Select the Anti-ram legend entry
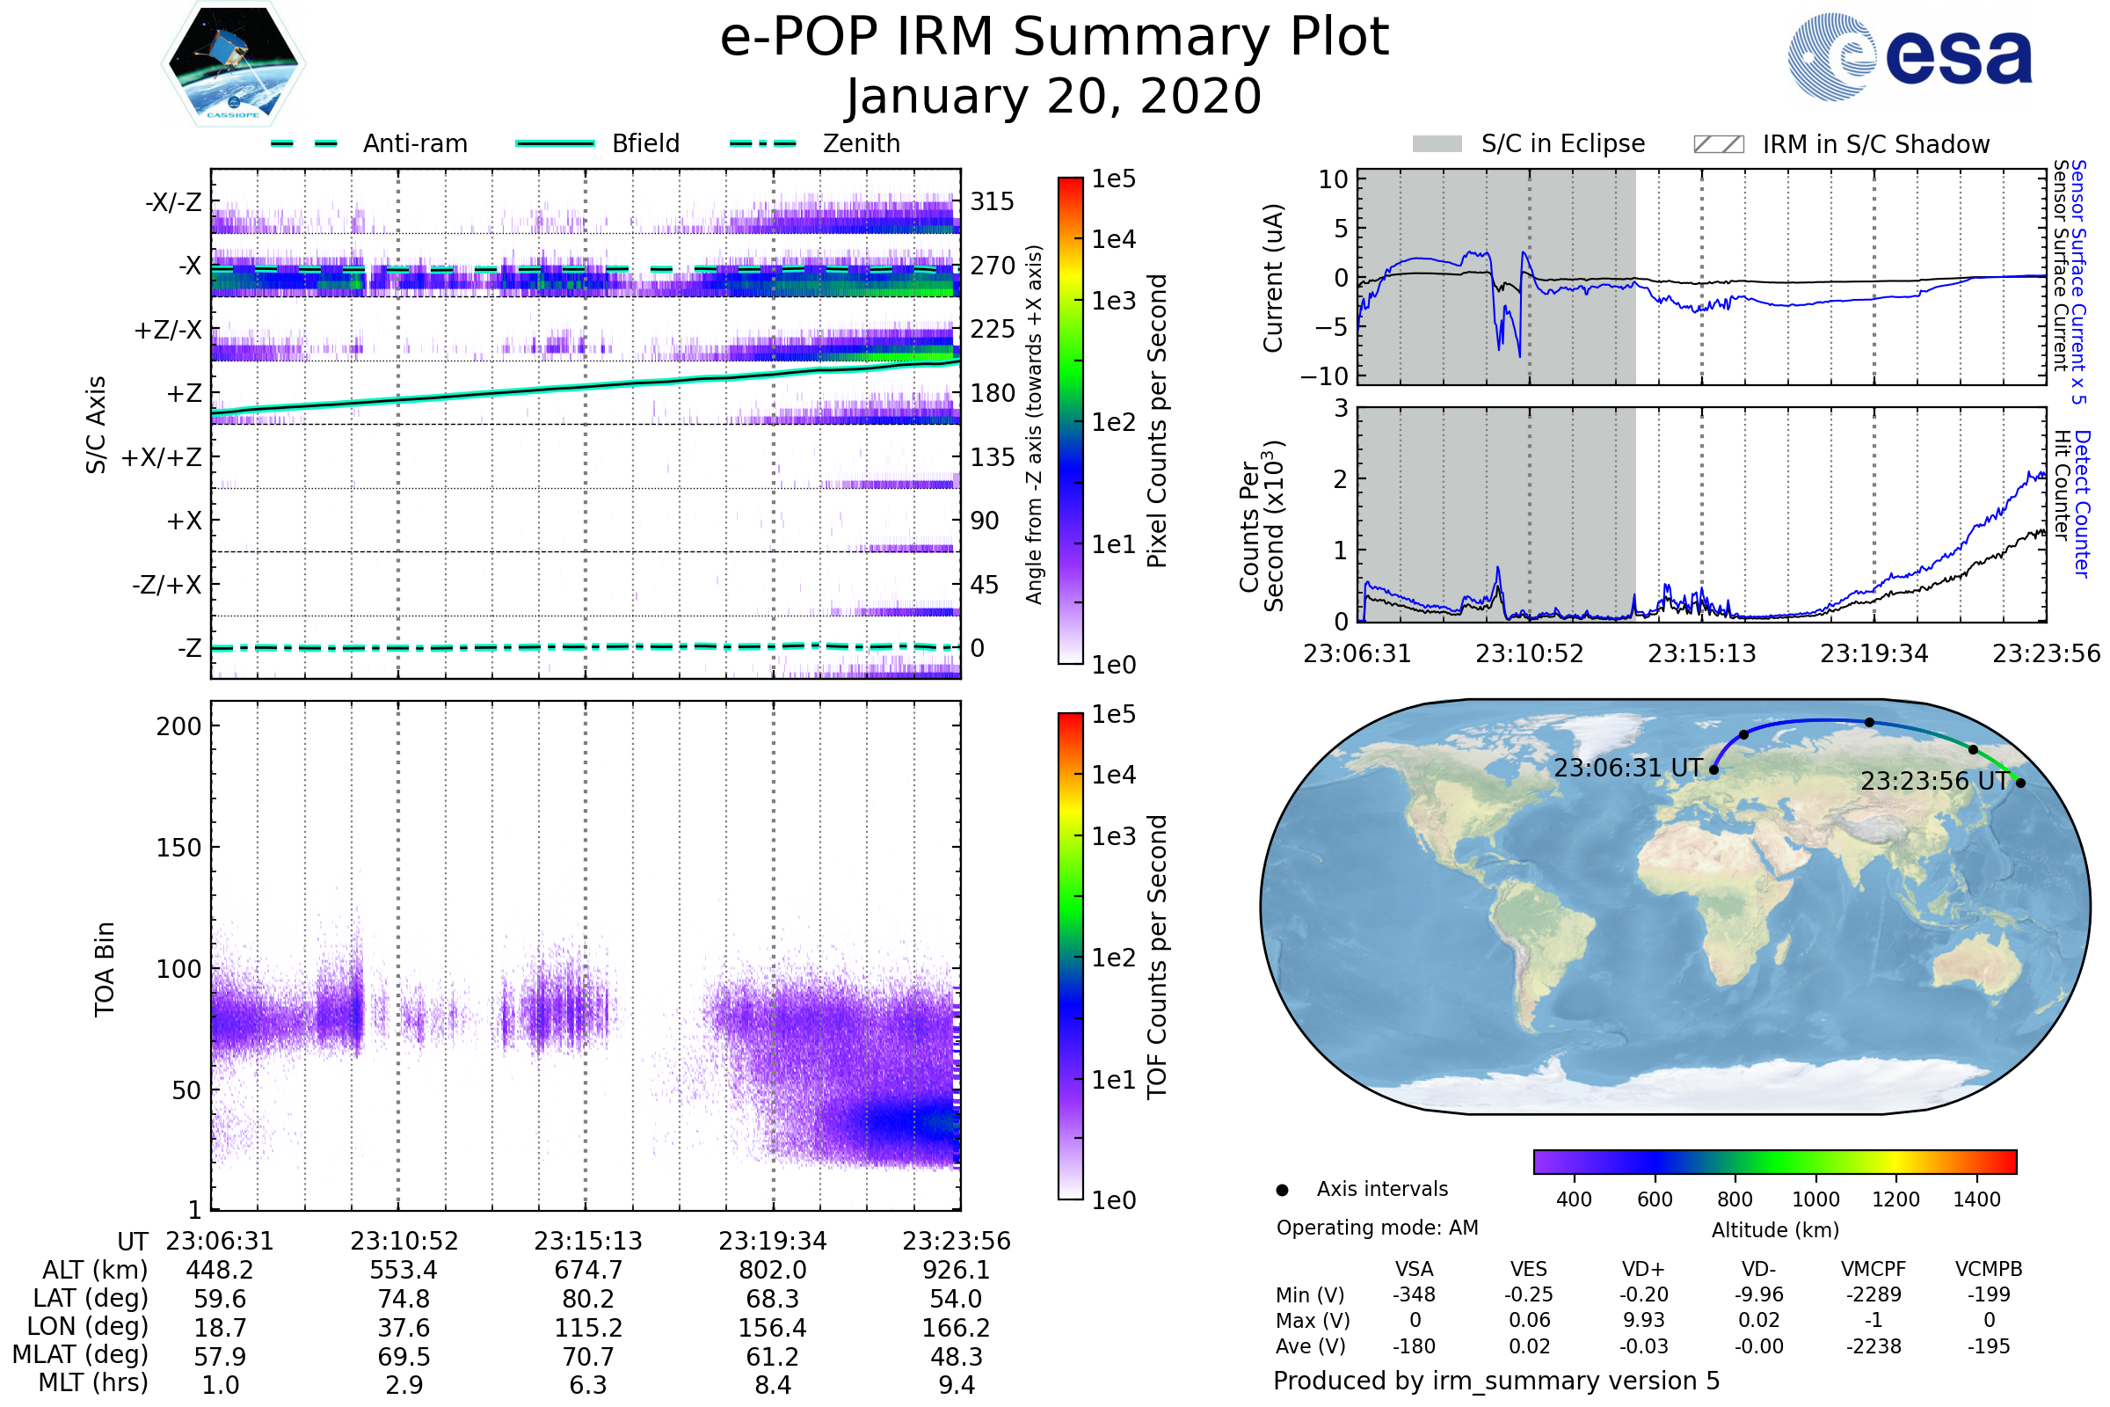(369, 143)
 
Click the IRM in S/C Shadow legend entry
(1841, 144)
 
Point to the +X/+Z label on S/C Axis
(162, 457)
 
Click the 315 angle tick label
(993, 201)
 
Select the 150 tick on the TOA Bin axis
(178, 848)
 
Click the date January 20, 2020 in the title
(1054, 97)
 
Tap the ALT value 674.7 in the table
(587, 1271)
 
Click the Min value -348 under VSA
(1414, 1294)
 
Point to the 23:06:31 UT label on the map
(1627, 768)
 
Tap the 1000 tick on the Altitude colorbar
(1815, 1199)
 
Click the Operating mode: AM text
(1377, 1228)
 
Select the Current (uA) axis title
(1273, 278)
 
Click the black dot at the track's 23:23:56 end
(2020, 784)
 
